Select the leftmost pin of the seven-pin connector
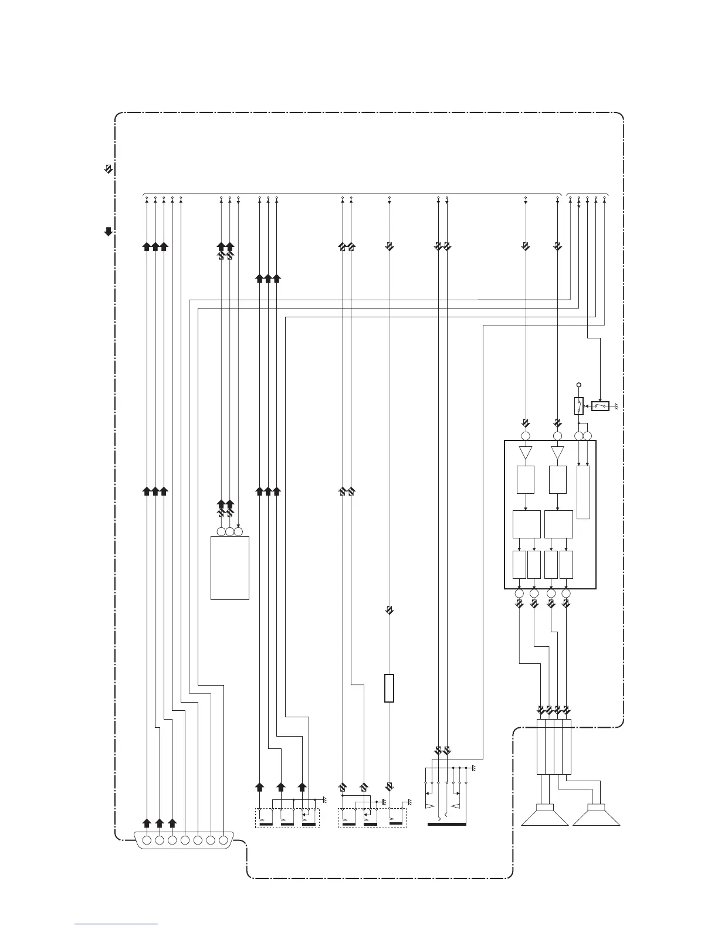pyautogui.click(x=147, y=840)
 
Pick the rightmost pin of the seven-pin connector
pyautogui.click(x=223, y=840)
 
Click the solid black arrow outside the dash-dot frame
pyautogui.click(x=108, y=232)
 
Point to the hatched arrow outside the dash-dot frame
pyautogui.click(x=108, y=169)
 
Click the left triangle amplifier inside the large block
pyautogui.click(x=525, y=453)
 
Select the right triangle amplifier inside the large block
pyautogui.click(x=557, y=453)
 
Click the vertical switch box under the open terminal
pyautogui.click(x=579, y=406)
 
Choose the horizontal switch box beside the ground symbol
pyautogui.click(x=600, y=406)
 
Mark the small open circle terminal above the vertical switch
pyautogui.click(x=579, y=385)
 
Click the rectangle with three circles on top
pyautogui.click(x=230, y=567)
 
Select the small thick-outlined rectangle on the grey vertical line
pyautogui.click(x=388, y=689)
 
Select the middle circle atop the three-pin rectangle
pyautogui.click(x=230, y=532)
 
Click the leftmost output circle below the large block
pyautogui.click(x=519, y=594)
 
